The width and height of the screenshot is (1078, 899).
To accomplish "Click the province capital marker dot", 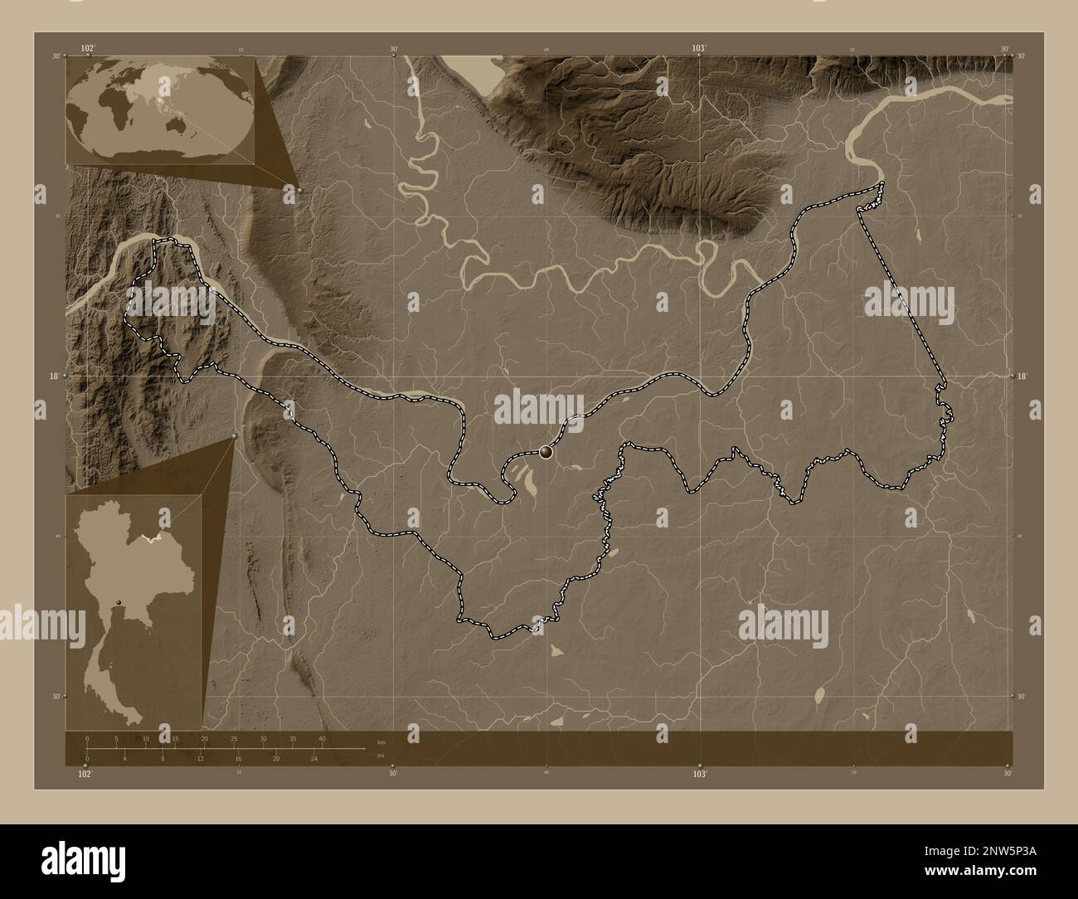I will click(545, 452).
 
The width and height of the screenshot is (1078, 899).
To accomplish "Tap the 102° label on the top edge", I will click(87, 49).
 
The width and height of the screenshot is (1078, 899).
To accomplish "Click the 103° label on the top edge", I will click(700, 49).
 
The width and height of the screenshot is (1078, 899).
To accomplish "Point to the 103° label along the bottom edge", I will click(700, 774).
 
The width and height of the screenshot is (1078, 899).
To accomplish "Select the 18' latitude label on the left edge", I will click(54, 376).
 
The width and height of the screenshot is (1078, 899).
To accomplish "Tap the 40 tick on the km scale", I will click(322, 738).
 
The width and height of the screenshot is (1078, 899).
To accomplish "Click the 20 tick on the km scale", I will click(204, 738).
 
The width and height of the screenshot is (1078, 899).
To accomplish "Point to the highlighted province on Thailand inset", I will click(154, 538).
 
